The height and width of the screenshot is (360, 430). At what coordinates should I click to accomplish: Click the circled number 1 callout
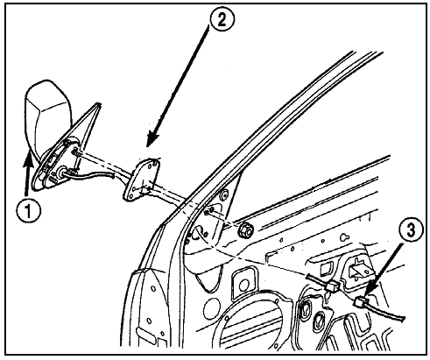pos(28,210)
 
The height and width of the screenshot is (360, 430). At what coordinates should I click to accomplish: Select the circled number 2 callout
pos(222,21)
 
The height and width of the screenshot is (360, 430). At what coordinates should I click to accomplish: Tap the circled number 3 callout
pos(410,230)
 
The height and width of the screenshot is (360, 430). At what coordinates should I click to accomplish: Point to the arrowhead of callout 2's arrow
pos(152,138)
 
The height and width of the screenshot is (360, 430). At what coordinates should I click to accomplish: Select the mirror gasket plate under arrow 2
pos(142,179)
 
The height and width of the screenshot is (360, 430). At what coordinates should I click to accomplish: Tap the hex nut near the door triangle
pos(246,229)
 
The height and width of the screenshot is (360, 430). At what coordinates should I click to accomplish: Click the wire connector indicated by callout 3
pos(362,300)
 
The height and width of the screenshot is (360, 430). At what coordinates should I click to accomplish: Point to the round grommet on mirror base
pos(62,173)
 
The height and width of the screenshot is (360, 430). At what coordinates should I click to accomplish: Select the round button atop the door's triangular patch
pos(224,195)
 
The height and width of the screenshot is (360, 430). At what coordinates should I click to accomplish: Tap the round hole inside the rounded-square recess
pos(243,286)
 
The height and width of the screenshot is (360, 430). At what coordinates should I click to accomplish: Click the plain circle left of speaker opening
pos(212,308)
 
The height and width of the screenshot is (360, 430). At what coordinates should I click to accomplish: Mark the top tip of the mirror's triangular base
pos(99,103)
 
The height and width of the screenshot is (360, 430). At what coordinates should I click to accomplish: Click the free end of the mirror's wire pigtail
pos(113,175)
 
